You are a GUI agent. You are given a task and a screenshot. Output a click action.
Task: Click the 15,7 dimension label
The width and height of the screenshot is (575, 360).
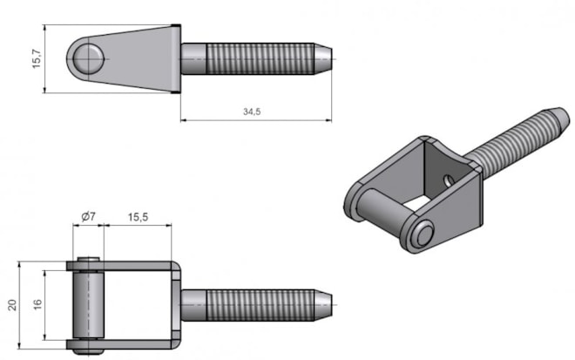[37, 58]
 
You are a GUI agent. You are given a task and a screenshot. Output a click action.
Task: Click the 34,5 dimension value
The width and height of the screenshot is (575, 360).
[252, 112]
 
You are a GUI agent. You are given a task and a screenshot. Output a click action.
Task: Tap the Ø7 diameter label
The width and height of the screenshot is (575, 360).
[88, 216]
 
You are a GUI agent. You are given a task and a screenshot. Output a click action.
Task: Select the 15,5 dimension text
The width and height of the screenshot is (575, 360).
[138, 217]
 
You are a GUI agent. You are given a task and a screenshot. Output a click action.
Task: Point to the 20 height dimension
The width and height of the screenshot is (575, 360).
[12, 305]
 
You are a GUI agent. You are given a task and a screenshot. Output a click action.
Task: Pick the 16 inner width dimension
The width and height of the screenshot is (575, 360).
[37, 305]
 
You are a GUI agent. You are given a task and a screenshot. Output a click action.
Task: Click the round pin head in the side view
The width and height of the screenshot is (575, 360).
[88, 58]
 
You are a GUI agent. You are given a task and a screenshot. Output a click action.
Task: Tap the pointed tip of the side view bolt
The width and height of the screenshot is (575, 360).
[331, 58]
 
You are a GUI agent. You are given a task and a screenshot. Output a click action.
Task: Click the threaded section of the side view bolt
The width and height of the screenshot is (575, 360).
[260, 58]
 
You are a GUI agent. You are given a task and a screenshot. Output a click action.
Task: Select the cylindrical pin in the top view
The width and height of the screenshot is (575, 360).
[88, 305]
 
